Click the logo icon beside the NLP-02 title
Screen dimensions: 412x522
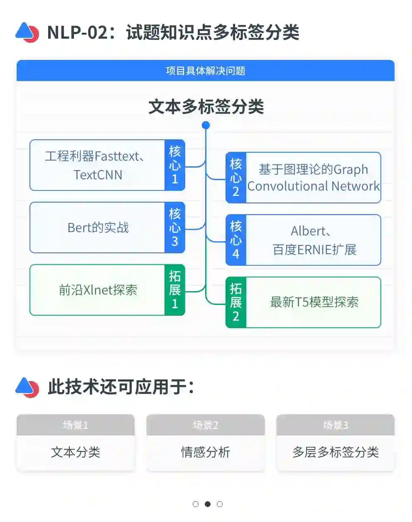click(27, 32)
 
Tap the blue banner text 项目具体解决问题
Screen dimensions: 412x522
click(206, 71)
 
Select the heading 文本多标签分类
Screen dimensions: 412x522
click(206, 106)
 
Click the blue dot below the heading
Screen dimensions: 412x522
click(206, 125)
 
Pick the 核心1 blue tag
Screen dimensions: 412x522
click(175, 165)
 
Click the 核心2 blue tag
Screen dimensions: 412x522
click(236, 178)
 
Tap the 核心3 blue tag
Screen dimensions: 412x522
click(175, 228)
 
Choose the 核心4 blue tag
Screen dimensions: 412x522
click(236, 240)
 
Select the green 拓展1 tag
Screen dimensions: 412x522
click(175, 290)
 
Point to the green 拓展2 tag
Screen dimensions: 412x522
click(236, 302)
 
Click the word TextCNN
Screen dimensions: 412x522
click(98, 175)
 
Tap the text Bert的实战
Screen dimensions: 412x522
click(98, 228)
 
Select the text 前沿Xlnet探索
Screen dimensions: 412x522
click(98, 290)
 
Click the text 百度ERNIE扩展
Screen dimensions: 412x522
click(314, 250)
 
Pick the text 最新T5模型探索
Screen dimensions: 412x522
click(314, 302)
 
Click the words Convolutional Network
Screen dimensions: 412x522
click(314, 186)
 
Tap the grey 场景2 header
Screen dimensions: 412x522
click(206, 425)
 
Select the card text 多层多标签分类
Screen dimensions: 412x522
click(336, 452)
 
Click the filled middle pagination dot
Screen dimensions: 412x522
click(208, 504)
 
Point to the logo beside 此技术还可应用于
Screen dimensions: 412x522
click(27, 387)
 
